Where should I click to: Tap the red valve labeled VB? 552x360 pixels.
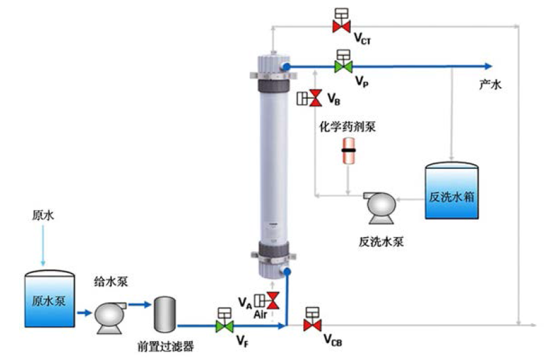pyautogui.click(x=314, y=99)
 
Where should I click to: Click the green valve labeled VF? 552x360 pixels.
pyautogui.click(x=225, y=325)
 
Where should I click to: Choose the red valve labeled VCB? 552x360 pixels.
pyautogui.click(x=312, y=325)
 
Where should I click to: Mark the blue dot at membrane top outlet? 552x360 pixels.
pyautogui.click(x=286, y=65)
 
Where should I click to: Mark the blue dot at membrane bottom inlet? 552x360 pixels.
pyautogui.click(x=287, y=270)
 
